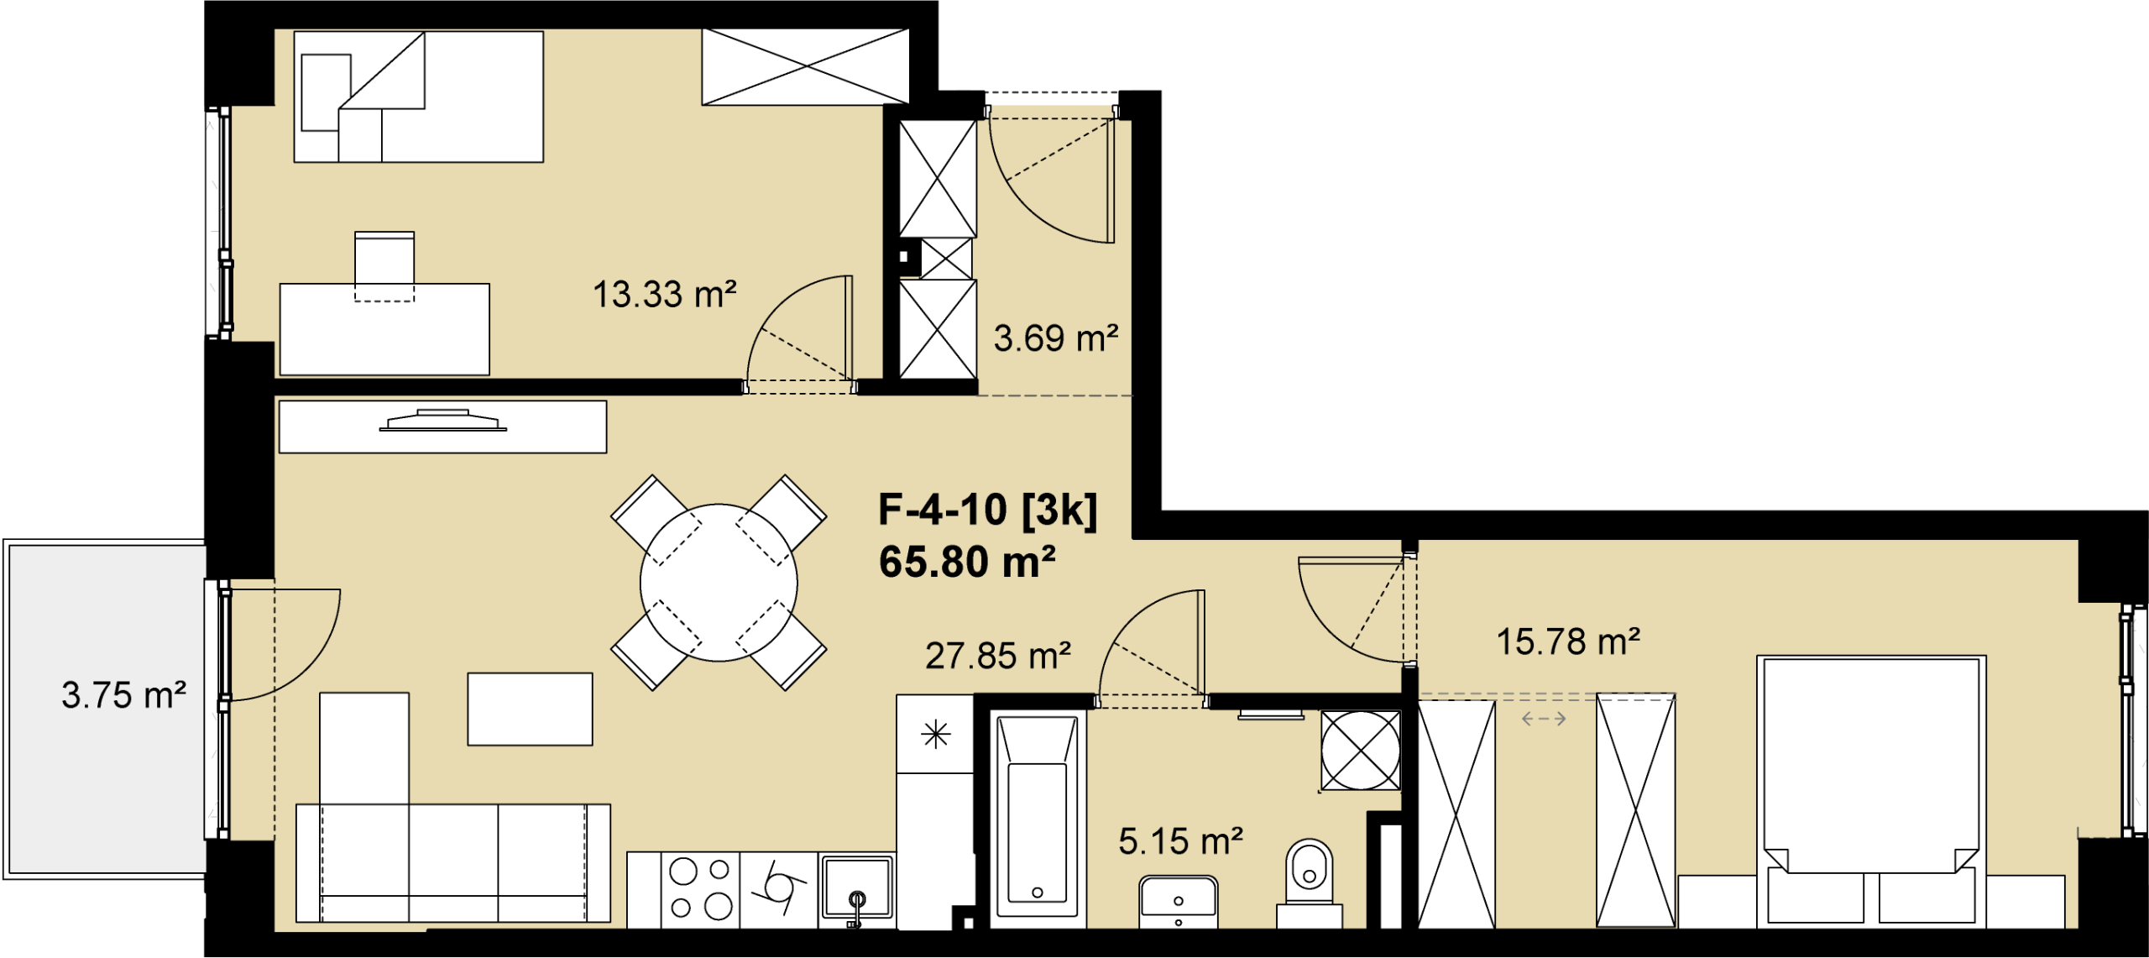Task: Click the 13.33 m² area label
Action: tap(664, 295)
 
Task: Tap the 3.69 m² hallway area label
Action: tap(1056, 338)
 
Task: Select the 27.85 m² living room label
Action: tap(998, 656)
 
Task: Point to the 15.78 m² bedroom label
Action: tap(1568, 641)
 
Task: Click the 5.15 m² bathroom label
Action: tap(1180, 840)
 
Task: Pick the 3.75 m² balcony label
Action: tap(123, 695)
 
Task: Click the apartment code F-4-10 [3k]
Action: tap(987, 510)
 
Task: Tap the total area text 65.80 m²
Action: tap(967, 562)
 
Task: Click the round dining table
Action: tap(719, 583)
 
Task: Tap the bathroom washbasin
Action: tap(1179, 902)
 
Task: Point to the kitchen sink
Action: tap(856, 888)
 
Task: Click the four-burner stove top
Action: tap(700, 890)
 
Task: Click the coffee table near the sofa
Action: tap(530, 709)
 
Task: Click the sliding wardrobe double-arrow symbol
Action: tap(1544, 719)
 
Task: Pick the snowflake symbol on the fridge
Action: tap(935, 735)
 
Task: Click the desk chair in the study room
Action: tap(384, 266)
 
